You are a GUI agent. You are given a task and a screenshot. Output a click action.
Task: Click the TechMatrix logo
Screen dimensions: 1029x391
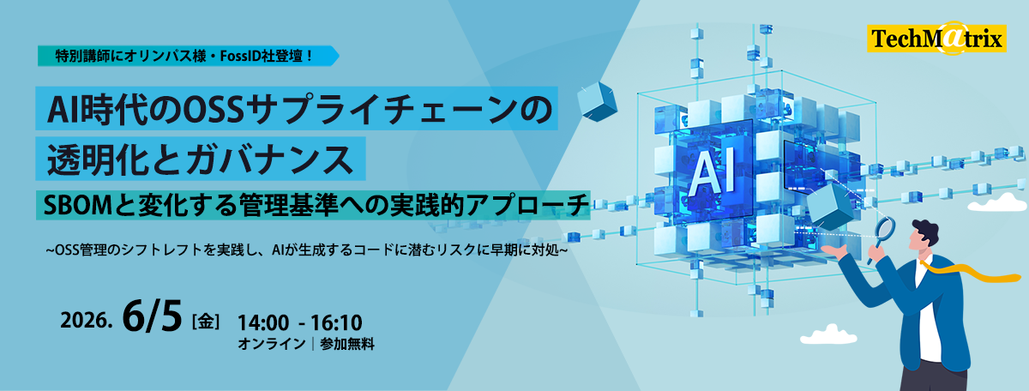pos(936,38)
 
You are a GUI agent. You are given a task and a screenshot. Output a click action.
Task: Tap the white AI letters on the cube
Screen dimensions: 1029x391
pos(712,171)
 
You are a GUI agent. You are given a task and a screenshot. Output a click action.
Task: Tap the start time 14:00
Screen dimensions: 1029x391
pos(263,322)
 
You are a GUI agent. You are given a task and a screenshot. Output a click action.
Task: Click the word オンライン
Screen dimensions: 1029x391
pos(272,344)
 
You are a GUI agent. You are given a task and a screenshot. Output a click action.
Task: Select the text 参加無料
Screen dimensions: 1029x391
pos(347,344)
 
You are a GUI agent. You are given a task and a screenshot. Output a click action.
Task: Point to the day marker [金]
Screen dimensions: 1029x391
pos(205,322)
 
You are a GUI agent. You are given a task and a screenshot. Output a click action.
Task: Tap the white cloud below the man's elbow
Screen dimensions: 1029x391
pos(828,335)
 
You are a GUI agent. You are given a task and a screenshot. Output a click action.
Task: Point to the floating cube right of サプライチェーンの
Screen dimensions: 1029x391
pos(597,101)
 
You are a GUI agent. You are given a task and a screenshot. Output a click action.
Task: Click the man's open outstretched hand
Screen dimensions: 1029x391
pos(834,250)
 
